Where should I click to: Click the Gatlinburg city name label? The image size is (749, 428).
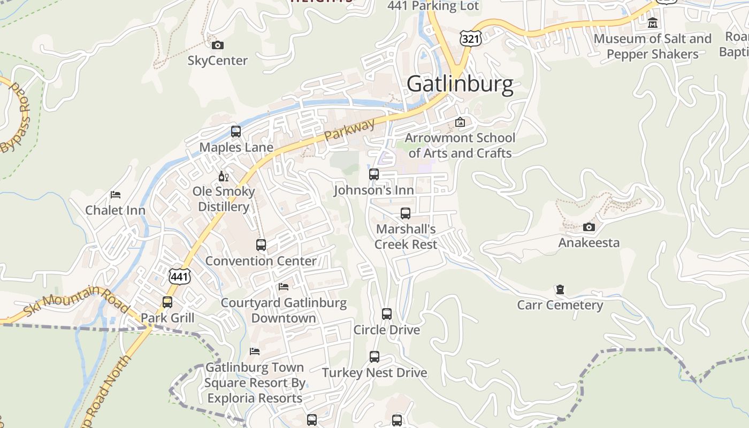tap(460, 85)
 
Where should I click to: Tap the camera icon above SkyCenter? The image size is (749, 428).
tap(218, 45)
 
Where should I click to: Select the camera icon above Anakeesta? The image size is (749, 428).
tap(589, 227)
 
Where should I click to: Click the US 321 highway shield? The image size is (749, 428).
tap(470, 37)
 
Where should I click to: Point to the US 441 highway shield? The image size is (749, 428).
tap(179, 276)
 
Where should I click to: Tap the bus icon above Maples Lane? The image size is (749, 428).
tap(236, 132)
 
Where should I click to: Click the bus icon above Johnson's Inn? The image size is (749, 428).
tap(374, 174)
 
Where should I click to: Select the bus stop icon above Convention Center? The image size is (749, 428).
tap(261, 245)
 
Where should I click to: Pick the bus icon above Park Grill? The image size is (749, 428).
tap(167, 302)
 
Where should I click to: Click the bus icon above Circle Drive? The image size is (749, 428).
tap(387, 314)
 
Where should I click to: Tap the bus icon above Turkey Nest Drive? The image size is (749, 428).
tap(374, 357)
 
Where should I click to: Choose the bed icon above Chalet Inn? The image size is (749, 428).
tap(116, 195)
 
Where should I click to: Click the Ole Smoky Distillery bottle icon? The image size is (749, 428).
tap(224, 176)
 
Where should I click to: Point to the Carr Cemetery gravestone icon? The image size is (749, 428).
tap(560, 289)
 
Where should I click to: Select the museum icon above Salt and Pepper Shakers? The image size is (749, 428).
tap(653, 23)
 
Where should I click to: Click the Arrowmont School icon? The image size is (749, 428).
tap(460, 122)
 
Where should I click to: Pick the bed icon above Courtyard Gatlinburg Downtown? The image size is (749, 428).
tap(284, 287)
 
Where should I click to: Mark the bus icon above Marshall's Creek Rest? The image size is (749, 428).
tap(406, 213)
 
